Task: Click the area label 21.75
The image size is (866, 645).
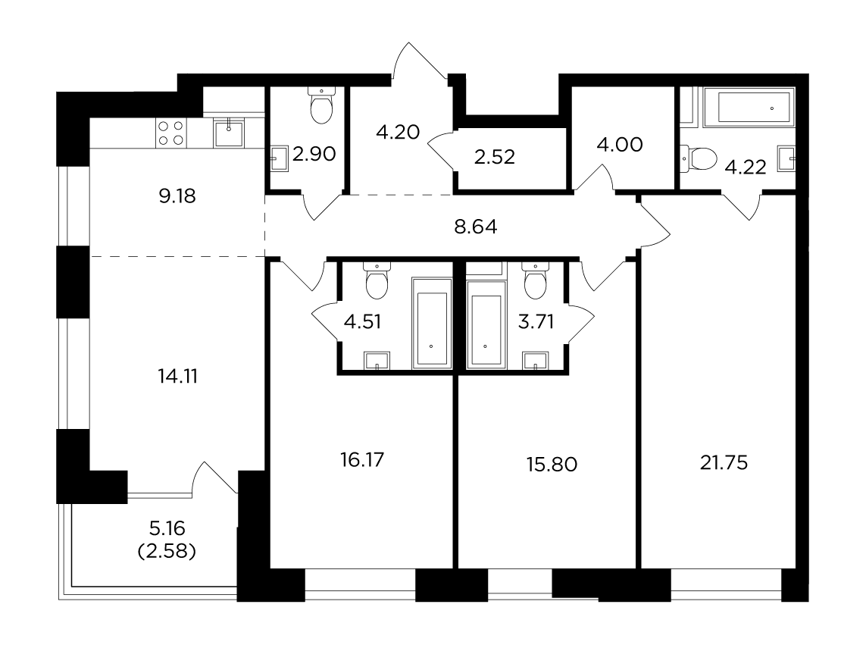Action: click(x=724, y=462)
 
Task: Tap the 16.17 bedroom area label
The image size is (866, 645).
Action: click(x=362, y=459)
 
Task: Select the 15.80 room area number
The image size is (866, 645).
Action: click(x=552, y=465)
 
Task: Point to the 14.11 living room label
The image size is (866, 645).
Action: click(x=178, y=377)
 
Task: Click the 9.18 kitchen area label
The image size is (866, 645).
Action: click(x=177, y=196)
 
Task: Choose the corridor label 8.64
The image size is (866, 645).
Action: click(x=476, y=227)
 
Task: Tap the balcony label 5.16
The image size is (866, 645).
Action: click(x=167, y=528)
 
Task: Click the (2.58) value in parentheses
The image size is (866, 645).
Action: click(x=167, y=551)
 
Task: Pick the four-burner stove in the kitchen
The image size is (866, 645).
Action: click(x=170, y=133)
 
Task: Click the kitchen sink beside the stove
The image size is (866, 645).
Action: click(x=229, y=133)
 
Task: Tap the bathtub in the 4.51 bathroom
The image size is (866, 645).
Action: click(x=431, y=324)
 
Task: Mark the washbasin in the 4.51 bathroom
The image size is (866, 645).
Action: click(x=377, y=360)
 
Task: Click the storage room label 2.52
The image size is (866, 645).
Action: click(x=494, y=157)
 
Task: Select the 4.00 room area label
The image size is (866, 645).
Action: click(x=620, y=145)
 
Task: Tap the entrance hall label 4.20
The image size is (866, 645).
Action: click(x=398, y=132)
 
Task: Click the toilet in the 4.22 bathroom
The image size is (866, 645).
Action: click(x=698, y=158)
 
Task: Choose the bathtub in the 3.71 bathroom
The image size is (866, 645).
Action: click(x=486, y=324)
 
